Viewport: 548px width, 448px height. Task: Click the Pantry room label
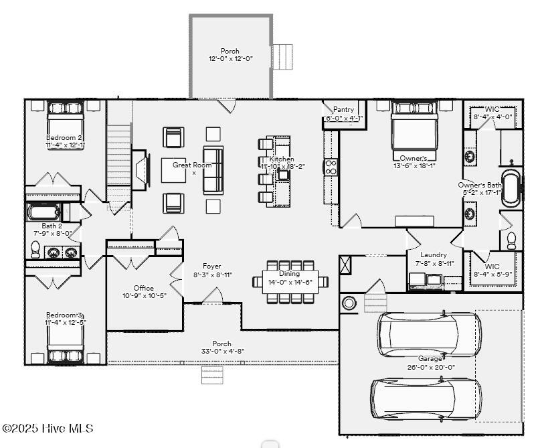coord(343,109)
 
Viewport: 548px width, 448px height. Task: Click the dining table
coord(290,282)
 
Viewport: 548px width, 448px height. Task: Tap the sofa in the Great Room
coord(213,169)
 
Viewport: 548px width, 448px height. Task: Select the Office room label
coord(143,288)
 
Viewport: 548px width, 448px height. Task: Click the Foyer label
coord(212,266)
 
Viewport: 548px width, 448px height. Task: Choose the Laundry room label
coord(433,254)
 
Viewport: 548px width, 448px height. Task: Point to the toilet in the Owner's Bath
coord(511,239)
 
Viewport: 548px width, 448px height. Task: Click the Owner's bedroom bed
coord(414,131)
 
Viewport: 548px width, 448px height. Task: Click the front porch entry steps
coord(211,375)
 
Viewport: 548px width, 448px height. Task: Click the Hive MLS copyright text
coord(48,429)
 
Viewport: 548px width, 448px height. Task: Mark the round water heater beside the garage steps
coord(349,303)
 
